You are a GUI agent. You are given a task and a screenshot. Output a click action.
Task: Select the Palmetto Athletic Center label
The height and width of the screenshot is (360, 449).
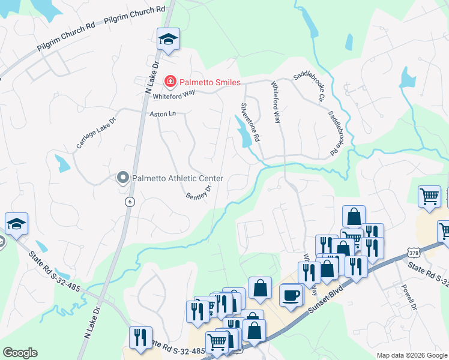178,178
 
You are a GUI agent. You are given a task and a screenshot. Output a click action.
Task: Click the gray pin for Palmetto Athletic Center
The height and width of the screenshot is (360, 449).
123,178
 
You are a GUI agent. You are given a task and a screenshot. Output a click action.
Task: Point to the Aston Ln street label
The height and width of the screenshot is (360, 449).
163,113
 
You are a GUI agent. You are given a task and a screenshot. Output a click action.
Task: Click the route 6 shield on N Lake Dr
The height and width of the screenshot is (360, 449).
129,202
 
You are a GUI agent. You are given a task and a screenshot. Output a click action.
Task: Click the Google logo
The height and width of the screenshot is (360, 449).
20,353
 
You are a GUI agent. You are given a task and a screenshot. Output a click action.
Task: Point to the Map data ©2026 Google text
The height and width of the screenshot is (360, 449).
411,355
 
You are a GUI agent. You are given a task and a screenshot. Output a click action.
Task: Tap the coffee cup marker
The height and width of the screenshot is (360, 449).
292,295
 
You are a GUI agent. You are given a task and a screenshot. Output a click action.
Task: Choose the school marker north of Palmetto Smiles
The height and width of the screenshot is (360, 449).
168,40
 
